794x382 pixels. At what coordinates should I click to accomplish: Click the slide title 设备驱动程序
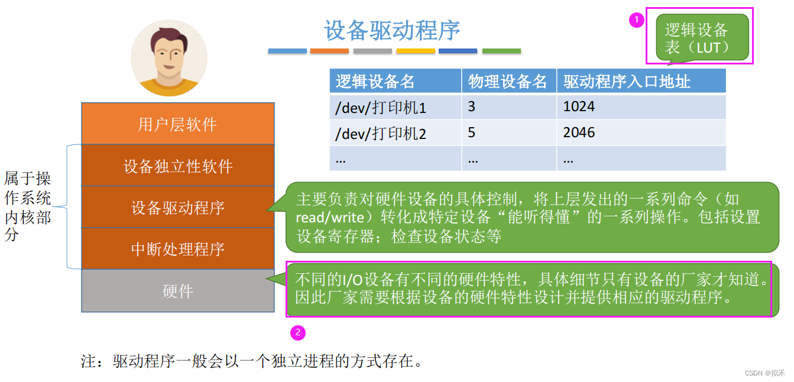pos(392,31)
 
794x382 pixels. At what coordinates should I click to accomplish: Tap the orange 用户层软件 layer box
pos(177,124)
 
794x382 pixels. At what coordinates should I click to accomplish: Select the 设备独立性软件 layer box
pos(177,166)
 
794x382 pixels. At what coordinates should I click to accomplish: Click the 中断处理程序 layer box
pos(177,249)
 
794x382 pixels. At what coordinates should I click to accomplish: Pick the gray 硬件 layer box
pos(177,291)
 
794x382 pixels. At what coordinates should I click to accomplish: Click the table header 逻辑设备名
pos(375,82)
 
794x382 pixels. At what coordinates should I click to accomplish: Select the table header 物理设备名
pos(508,82)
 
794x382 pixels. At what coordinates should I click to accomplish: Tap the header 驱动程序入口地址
pos(627,82)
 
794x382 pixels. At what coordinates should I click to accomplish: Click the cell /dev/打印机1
pos(381,108)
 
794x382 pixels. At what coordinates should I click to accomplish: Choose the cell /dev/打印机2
pos(381,134)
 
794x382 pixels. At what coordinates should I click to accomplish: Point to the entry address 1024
pos(579,107)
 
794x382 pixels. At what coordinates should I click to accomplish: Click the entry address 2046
pos(579,133)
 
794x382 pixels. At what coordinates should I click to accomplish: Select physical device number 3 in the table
pos(471,107)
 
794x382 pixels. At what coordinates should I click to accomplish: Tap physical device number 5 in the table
pos(471,133)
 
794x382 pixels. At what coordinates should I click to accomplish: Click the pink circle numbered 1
pos(636,21)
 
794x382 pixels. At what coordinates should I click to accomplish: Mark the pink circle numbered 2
pos(297,333)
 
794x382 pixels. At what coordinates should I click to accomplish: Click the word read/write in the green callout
pos(330,218)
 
